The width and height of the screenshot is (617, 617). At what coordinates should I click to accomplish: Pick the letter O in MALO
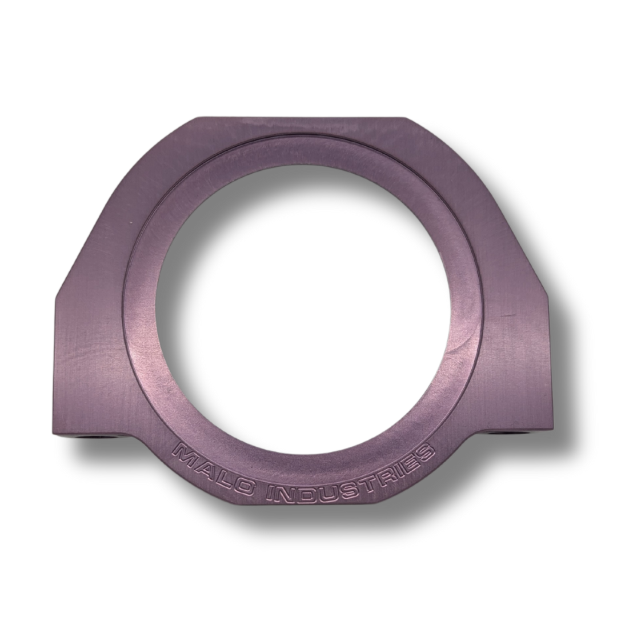click(242, 490)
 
